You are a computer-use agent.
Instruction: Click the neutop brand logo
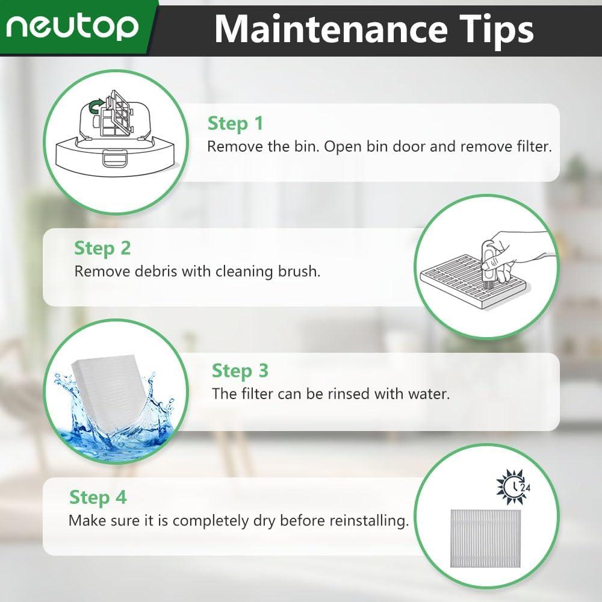point(73,26)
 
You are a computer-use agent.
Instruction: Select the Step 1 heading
point(235,123)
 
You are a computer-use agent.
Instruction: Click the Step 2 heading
point(102,247)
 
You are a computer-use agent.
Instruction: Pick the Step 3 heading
point(240,371)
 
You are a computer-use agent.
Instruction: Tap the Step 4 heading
point(98,497)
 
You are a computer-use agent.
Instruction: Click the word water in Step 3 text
point(430,394)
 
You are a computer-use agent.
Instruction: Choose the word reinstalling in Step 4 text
point(367,520)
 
